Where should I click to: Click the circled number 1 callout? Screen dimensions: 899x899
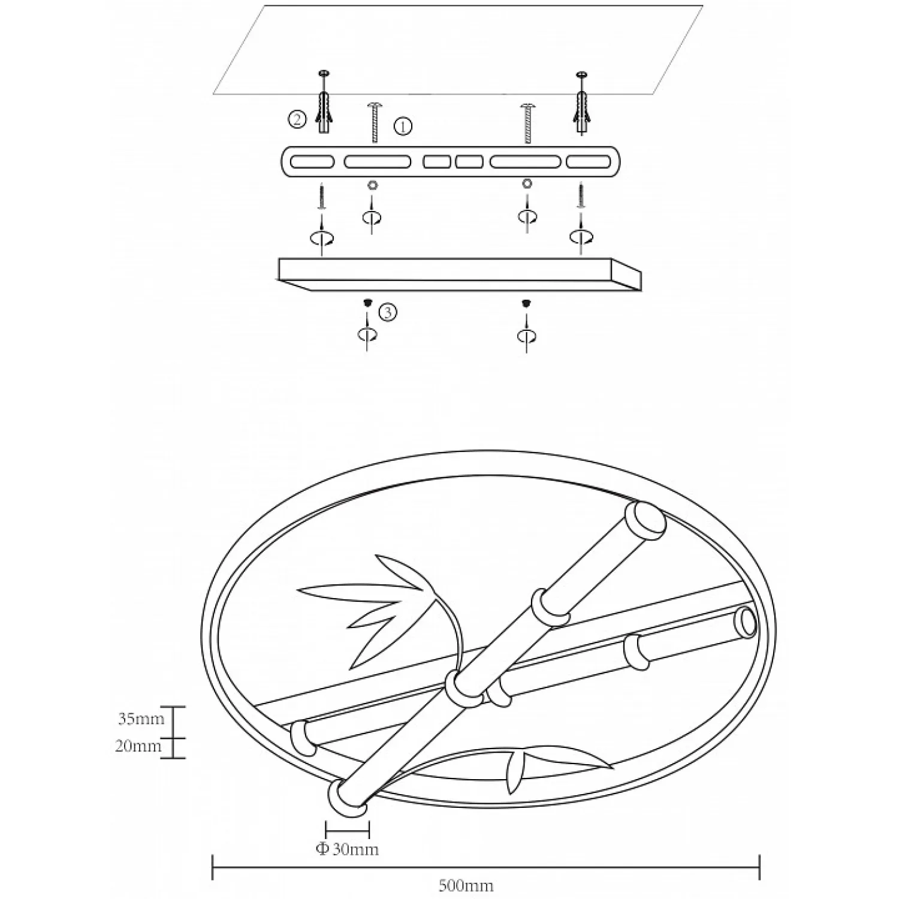403,126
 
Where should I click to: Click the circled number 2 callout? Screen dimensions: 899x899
297,119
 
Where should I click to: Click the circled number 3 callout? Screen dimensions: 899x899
388,312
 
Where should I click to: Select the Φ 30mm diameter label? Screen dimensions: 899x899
348,849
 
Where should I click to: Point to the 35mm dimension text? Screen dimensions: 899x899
141,719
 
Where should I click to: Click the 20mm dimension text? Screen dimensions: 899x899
138,746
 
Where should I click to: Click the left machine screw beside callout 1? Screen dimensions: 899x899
375,123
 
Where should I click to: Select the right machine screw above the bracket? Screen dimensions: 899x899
527,123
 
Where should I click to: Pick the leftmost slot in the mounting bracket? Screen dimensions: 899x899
312,162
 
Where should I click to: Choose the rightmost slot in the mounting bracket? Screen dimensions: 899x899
589,162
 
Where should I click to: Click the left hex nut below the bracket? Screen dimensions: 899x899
372,184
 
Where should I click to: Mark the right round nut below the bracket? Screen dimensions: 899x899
527,183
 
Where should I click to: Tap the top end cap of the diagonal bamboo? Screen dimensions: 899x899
645,519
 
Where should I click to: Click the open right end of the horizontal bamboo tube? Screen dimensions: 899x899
746,623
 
